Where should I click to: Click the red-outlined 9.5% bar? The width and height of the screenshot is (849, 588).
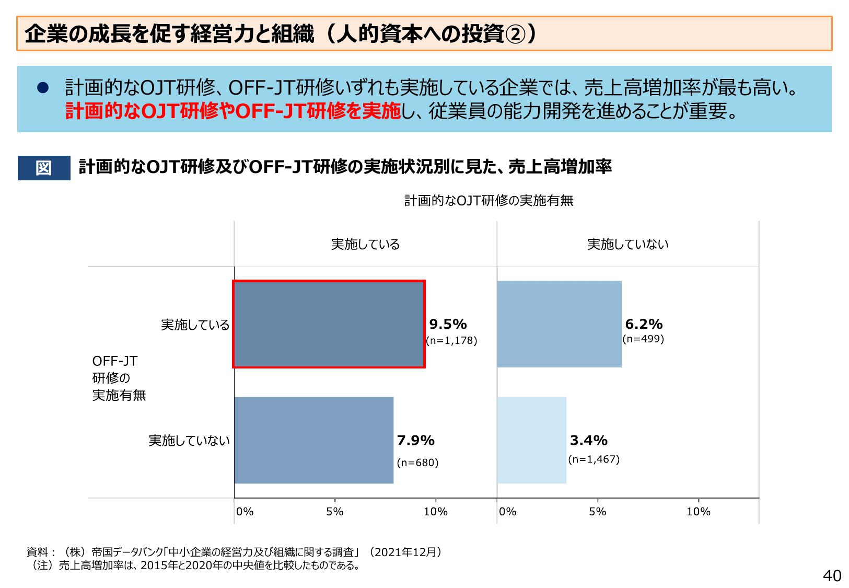pyautogui.click(x=329, y=324)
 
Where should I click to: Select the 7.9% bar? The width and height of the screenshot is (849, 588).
pyautogui.click(x=313, y=440)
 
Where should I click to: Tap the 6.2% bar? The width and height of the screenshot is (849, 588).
pyautogui.click(x=559, y=324)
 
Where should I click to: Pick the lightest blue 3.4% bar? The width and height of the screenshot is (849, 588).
pyautogui.click(x=531, y=440)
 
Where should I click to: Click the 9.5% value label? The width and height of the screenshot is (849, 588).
pyautogui.click(x=448, y=324)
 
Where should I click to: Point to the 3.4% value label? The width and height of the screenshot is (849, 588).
pyautogui.click(x=588, y=440)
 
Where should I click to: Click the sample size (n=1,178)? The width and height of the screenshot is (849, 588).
pyautogui.click(x=451, y=341)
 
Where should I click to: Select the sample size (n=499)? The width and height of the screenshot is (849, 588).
pyautogui.click(x=643, y=339)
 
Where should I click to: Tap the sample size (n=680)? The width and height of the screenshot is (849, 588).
pyautogui.click(x=417, y=463)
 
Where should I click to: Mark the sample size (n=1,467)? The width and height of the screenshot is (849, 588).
pyautogui.click(x=594, y=459)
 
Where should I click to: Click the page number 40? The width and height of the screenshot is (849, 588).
pyautogui.click(x=832, y=575)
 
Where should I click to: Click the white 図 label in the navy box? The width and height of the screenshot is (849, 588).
pyautogui.click(x=44, y=168)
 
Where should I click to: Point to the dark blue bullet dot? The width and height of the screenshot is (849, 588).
pyautogui.click(x=43, y=88)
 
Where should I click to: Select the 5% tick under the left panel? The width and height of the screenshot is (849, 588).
pyautogui.click(x=335, y=512)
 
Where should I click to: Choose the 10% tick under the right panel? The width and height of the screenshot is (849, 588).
pyautogui.click(x=698, y=512)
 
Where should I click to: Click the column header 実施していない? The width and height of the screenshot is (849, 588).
pyautogui.click(x=627, y=244)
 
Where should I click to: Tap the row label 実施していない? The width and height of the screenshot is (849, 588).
pyautogui.click(x=189, y=441)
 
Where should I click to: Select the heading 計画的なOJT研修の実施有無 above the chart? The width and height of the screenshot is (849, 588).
pyautogui.click(x=489, y=201)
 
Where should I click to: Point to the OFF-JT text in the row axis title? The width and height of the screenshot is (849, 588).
pyautogui.click(x=114, y=361)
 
